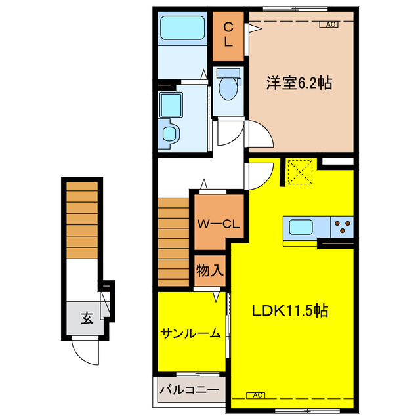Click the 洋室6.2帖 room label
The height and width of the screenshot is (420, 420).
299,83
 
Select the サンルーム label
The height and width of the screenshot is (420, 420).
190,333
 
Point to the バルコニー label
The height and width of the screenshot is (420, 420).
189,390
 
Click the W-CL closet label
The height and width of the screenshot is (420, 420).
218,224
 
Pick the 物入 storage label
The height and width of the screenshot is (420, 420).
210,270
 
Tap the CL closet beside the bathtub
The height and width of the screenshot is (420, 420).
228,33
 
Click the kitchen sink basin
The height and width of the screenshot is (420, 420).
303,227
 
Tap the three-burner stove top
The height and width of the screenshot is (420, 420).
342,227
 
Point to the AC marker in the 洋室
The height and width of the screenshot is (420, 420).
329,25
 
